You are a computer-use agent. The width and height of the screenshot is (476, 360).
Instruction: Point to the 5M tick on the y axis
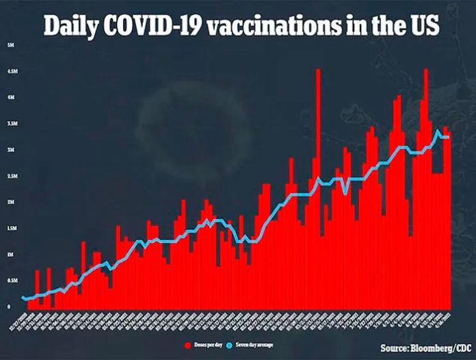point(9,45)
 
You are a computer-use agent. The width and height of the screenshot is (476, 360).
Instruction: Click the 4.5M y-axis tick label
point(10,71)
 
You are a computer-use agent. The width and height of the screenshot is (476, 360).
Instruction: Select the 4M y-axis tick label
point(9,97)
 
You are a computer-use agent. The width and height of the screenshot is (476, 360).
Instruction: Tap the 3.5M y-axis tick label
point(10,124)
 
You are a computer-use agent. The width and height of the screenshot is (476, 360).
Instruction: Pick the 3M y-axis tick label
point(9,150)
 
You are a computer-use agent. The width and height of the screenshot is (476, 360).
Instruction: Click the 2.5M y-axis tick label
point(10,176)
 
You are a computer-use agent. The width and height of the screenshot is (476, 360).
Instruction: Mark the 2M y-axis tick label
point(9,202)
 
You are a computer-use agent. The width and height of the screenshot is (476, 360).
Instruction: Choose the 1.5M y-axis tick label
point(10,229)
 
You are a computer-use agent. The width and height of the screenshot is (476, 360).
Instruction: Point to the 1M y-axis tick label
point(9,255)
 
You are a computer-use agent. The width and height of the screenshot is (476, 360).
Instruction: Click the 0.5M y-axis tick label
point(10,281)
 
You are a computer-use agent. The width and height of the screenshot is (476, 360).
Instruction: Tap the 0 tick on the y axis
point(9,307)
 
